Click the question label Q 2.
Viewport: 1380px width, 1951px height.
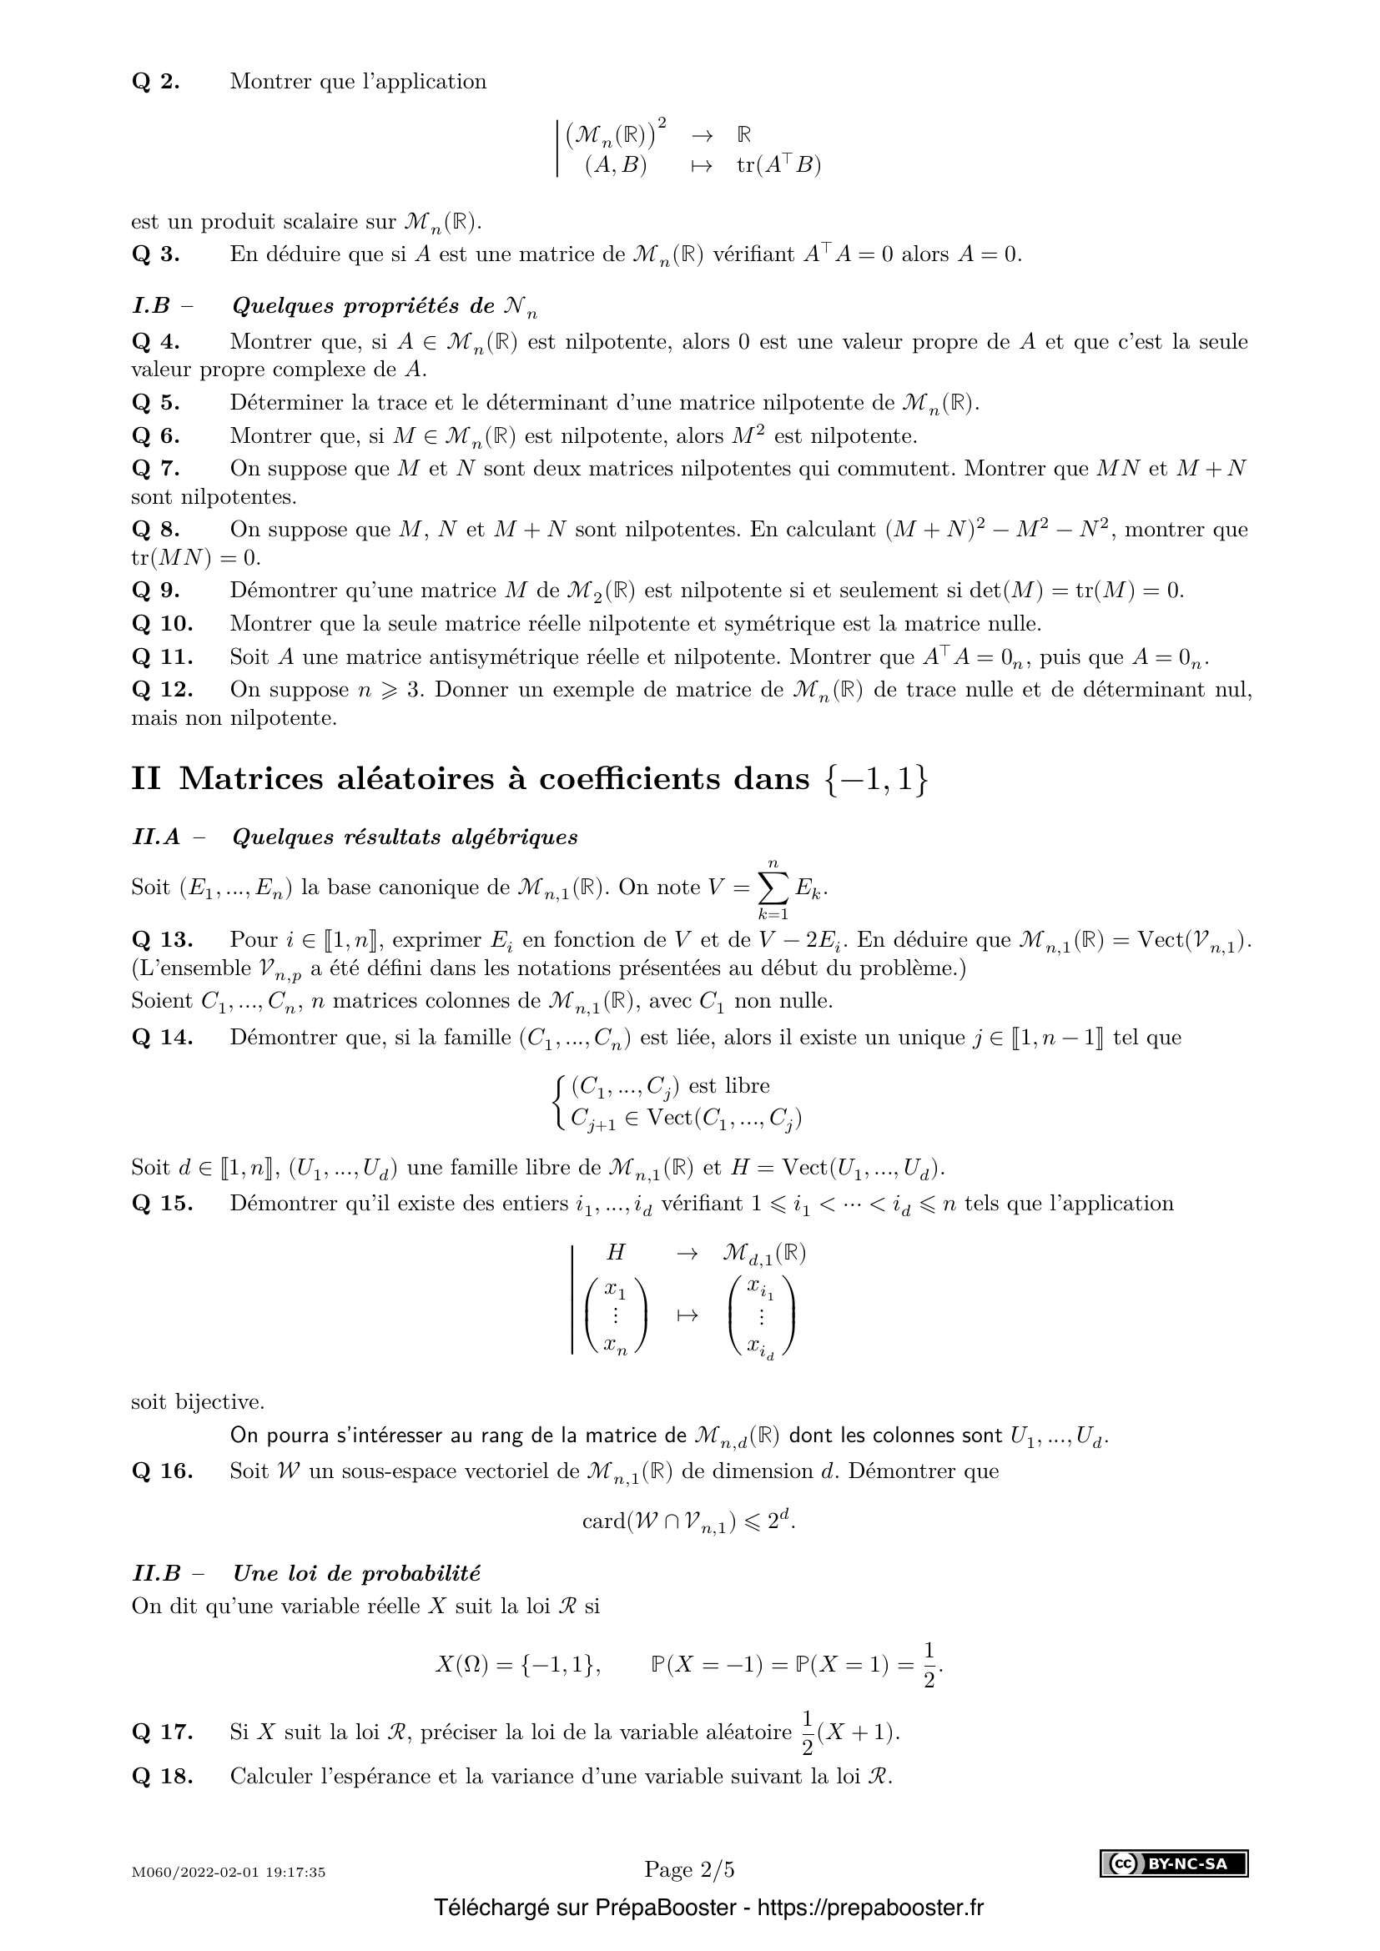click(155, 83)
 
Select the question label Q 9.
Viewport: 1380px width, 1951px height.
click(155, 591)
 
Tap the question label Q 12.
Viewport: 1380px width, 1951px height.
click(163, 689)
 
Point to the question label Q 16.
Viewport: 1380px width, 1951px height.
click(163, 1471)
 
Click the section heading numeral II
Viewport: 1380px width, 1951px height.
click(145, 778)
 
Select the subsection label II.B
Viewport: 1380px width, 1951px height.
click(157, 1573)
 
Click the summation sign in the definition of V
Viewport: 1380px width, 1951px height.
click(773, 889)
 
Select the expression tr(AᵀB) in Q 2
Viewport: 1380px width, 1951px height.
click(778, 166)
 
